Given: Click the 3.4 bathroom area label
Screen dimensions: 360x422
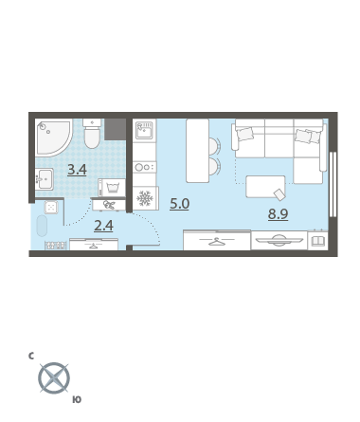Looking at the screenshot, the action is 77,170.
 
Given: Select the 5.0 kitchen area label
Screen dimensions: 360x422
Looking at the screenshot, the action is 179,204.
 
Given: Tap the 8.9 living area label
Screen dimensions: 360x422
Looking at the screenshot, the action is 278,214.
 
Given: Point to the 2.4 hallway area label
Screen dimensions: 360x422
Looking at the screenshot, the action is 103,226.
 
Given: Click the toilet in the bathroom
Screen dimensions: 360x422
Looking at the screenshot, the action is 92,134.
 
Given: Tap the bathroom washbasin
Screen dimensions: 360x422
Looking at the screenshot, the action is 45,179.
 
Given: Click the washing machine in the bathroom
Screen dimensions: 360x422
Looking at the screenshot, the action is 112,188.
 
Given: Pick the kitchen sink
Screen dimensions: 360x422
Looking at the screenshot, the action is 144,130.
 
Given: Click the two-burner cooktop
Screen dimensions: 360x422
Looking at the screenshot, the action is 144,167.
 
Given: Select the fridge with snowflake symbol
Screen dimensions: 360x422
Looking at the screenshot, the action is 145,198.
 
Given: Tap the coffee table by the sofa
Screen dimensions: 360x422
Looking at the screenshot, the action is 265,187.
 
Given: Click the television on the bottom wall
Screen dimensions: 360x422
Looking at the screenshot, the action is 279,240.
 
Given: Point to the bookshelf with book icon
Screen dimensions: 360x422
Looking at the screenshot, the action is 317,241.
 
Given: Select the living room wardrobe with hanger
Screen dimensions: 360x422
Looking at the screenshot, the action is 217,240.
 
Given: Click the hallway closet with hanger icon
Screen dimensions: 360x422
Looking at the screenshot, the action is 94,245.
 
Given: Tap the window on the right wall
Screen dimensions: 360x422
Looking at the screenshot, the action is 333,185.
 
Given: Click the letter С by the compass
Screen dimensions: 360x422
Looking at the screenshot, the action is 31,357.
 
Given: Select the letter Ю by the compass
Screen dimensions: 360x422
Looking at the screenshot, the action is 77,400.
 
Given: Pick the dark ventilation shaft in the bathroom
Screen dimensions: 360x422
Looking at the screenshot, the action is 115,130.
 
